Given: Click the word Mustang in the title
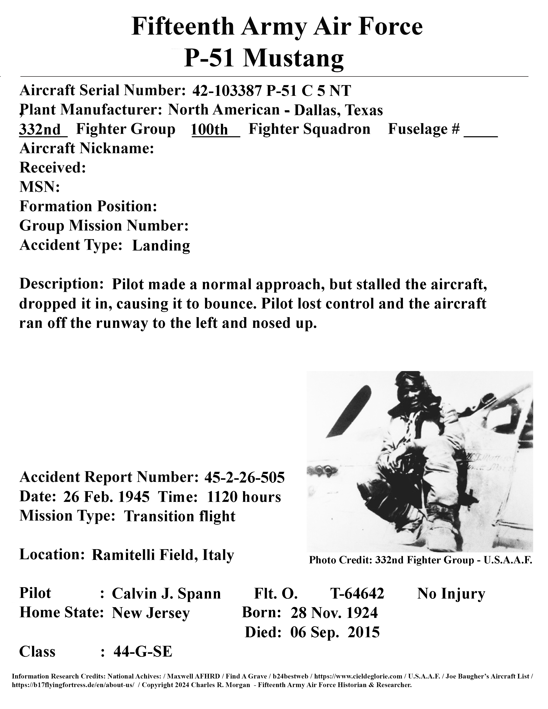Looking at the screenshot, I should (294, 58).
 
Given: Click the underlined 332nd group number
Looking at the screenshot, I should (40, 130).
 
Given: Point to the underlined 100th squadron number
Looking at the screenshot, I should (210, 130).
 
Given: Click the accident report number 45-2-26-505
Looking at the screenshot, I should (245, 477).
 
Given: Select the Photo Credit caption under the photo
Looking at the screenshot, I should (420, 560).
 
